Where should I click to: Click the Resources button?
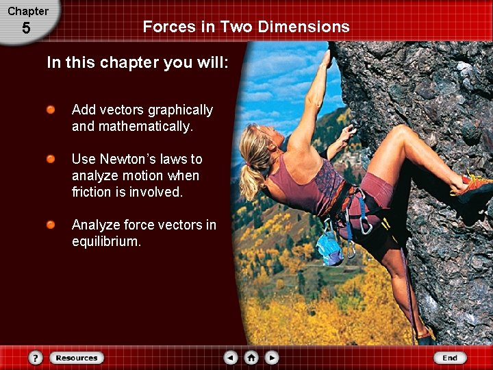pos(77,358)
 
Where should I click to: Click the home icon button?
pos(251,358)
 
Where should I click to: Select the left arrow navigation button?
pos(231,358)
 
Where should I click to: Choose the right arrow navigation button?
pos(272,358)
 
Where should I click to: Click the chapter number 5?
pos(26,29)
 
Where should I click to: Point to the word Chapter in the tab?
pos(28,11)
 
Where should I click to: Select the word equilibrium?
pos(106,241)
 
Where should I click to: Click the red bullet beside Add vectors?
pos(51,110)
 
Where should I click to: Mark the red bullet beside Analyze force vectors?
pos(51,225)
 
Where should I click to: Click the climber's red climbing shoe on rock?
pos(472,186)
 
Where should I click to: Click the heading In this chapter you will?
pos(137,63)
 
